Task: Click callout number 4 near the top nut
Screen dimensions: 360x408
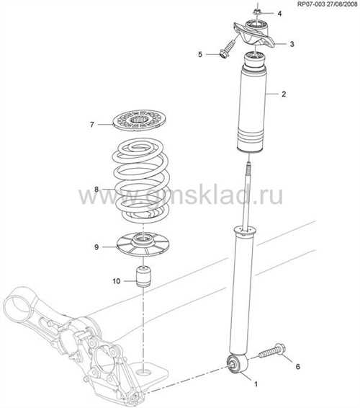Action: coord(279,14)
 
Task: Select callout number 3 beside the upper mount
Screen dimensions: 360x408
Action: coord(292,44)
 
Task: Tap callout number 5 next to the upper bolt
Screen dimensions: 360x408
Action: coord(200,55)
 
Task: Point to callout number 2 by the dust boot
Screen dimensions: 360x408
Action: coord(284,94)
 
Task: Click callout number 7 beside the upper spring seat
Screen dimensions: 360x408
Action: coord(91,125)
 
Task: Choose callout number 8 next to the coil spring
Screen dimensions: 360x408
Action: coord(96,190)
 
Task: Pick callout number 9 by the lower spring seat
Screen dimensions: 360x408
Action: coord(96,247)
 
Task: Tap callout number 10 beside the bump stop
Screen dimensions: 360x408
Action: coord(117,281)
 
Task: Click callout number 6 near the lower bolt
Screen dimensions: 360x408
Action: coord(298,367)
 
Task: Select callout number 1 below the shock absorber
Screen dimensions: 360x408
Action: coord(256,383)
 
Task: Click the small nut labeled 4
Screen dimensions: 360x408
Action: coord(256,12)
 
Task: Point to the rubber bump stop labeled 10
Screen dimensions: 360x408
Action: coord(144,276)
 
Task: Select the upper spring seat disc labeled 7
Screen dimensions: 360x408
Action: coord(140,120)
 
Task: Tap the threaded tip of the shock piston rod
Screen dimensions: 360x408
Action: coord(248,167)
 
